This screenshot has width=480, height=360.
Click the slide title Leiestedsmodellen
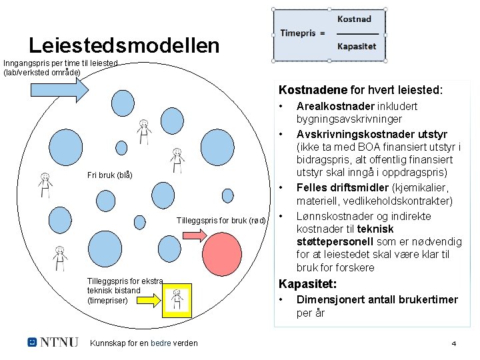(x=124, y=45)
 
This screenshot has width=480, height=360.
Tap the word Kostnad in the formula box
(x=354, y=19)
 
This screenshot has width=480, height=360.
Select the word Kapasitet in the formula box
(x=357, y=47)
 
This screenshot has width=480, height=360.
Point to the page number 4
(x=453, y=344)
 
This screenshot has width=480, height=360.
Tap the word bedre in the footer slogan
(x=161, y=343)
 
